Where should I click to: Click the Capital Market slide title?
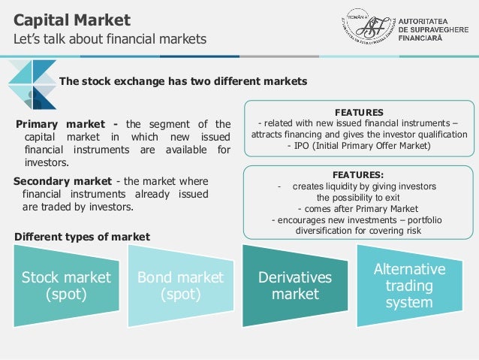pos(72,20)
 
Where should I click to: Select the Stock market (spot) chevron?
pos(66,286)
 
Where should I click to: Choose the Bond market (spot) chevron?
pos(180,286)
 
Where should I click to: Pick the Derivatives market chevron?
pos(294,286)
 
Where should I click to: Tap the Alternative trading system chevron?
pos(409,286)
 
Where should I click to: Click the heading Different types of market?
pos(83,237)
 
